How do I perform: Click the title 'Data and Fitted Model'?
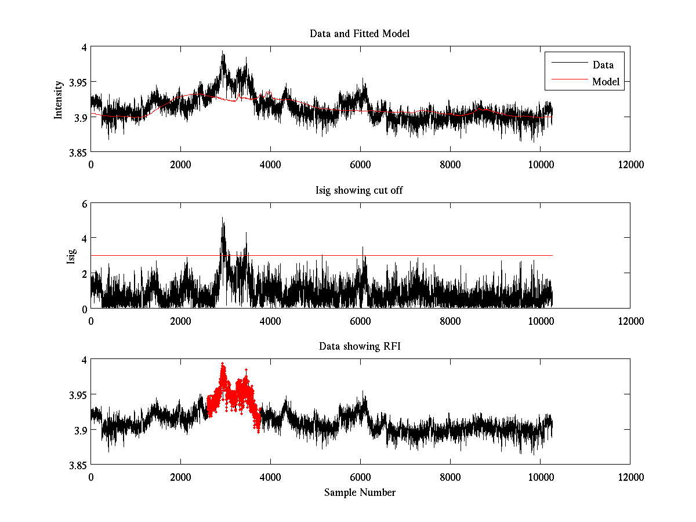point(360,34)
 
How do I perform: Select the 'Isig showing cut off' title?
point(360,190)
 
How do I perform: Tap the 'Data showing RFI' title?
point(360,346)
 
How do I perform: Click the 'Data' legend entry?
point(603,65)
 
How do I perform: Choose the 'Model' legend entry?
point(606,82)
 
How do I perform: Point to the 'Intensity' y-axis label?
point(58,100)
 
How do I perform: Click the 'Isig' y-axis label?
point(71,256)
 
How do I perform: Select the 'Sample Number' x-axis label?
point(360,492)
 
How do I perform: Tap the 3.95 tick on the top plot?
point(78,82)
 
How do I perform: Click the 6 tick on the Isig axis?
point(84,204)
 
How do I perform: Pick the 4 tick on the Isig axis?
point(84,238)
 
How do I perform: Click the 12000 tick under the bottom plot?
point(630,477)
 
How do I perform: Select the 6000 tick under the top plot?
point(360,164)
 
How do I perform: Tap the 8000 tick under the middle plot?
point(450,321)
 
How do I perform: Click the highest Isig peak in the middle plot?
point(222,218)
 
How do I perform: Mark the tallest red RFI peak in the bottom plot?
point(222,364)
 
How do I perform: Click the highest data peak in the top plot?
point(223,52)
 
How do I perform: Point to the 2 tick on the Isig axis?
point(84,273)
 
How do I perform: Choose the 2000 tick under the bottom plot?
point(180,477)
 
